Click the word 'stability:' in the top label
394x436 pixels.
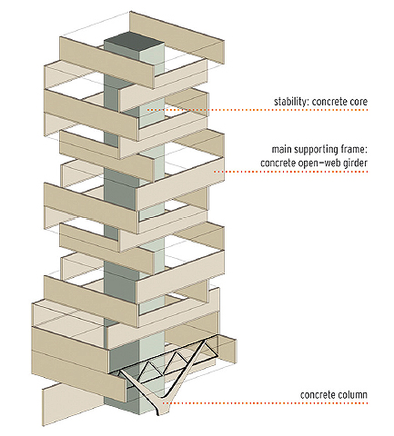point(291,102)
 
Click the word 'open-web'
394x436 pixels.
point(319,163)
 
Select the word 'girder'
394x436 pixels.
point(356,163)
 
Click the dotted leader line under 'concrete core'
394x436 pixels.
point(258,110)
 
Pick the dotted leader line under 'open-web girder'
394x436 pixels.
point(291,172)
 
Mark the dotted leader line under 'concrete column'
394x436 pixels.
point(265,403)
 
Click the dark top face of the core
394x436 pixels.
point(134,43)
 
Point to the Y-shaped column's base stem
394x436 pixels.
point(162,407)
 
